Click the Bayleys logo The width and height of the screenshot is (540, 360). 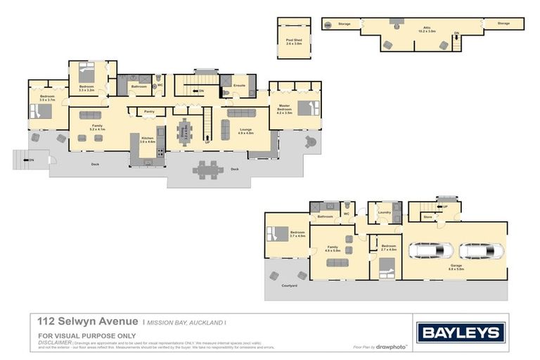point(461,333)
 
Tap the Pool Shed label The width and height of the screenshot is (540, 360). point(293,41)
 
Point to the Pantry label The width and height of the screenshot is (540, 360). point(149,111)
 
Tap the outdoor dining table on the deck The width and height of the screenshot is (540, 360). point(208,169)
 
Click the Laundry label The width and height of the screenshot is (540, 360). point(384,212)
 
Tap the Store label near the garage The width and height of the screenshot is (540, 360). point(427,217)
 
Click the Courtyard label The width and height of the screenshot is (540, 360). point(290,285)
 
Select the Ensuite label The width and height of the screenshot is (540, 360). point(239,86)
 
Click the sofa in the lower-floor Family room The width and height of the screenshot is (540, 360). point(337,262)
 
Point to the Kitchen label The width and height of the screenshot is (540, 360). point(147,139)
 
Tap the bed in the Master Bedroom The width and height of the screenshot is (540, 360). point(308,108)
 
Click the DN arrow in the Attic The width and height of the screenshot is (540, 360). point(456,33)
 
